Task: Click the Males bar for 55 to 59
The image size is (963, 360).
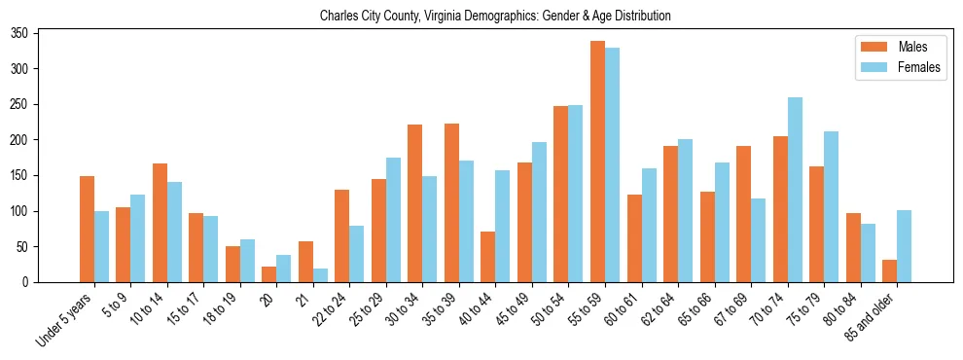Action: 597,162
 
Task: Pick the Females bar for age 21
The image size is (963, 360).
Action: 320,275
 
